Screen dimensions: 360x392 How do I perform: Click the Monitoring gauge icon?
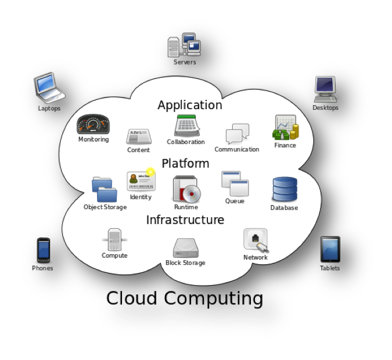tap(93, 124)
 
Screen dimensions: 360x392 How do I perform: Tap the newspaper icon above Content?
tap(139, 137)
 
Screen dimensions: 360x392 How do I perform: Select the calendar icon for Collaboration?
tap(187, 126)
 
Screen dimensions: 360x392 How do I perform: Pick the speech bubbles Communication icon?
tap(237, 134)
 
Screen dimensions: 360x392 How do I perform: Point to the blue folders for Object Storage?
tap(105, 189)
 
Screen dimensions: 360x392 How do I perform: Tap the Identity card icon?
tap(141, 181)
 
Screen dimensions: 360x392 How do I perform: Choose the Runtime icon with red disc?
tap(186, 189)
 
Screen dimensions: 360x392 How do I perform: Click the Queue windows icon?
tap(235, 183)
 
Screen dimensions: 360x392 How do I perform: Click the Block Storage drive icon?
tap(186, 248)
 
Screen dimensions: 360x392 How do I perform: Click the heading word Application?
tap(189, 105)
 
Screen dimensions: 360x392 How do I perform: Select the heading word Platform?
tap(185, 163)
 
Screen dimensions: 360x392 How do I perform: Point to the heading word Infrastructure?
tap(185, 220)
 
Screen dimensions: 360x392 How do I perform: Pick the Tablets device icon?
tap(330, 249)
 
